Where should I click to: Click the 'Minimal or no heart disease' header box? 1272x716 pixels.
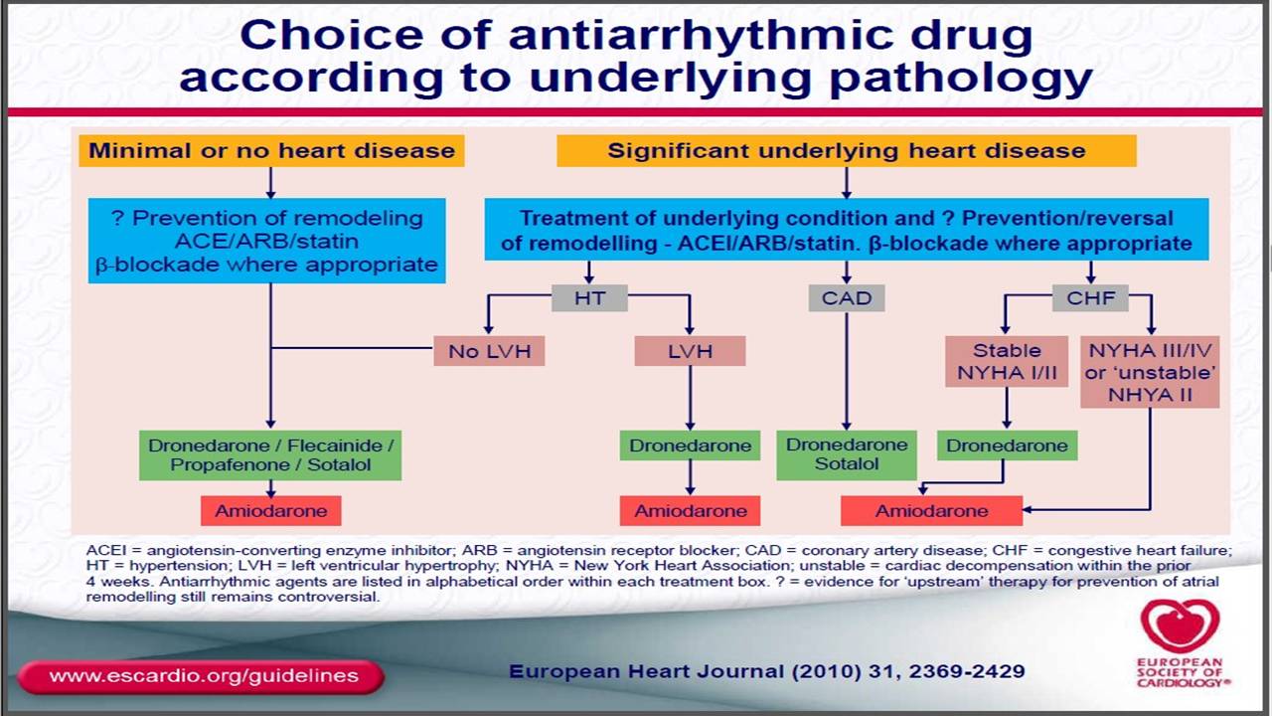271,150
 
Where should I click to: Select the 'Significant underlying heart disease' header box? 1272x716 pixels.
847,150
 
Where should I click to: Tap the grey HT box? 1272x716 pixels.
589,297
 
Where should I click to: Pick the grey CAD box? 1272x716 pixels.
847,297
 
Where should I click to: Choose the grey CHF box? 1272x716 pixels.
1090,297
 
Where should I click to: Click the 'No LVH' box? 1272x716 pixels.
490,351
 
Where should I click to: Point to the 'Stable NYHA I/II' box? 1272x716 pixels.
1007,361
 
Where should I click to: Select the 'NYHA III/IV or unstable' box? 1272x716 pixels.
1150,372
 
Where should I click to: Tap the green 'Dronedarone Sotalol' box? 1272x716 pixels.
847,454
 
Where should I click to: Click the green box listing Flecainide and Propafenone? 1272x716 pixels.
270,455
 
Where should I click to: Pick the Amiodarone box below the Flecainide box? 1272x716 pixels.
271,511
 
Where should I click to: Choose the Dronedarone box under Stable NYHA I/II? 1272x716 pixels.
1007,446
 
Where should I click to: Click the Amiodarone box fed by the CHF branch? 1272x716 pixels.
932,511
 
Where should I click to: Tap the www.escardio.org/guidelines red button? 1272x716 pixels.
202,676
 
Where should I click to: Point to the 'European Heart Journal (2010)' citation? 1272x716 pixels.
766,671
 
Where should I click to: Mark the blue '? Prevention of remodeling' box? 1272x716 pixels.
267,241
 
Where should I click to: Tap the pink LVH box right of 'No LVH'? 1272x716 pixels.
690,351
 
